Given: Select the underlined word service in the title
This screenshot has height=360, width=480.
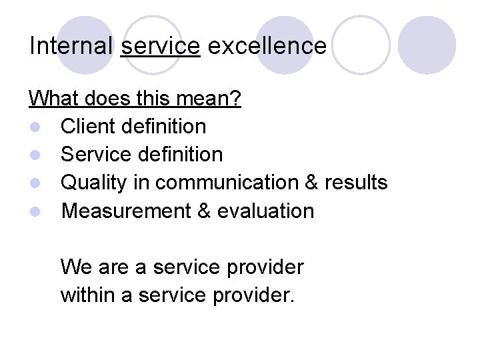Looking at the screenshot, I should (x=160, y=46).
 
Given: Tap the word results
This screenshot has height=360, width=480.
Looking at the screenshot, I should (x=356, y=183).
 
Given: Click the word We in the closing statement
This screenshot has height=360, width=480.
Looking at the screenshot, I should (x=73, y=267).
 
